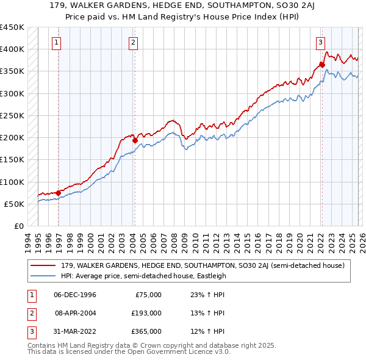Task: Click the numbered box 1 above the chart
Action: click(x=57, y=43)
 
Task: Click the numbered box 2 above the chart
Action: click(x=132, y=43)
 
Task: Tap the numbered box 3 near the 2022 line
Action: click(x=320, y=43)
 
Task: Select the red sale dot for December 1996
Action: click(x=59, y=193)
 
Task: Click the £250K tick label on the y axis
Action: click(x=12, y=115)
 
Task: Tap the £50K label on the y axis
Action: click(x=15, y=204)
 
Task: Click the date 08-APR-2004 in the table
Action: click(x=76, y=313)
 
